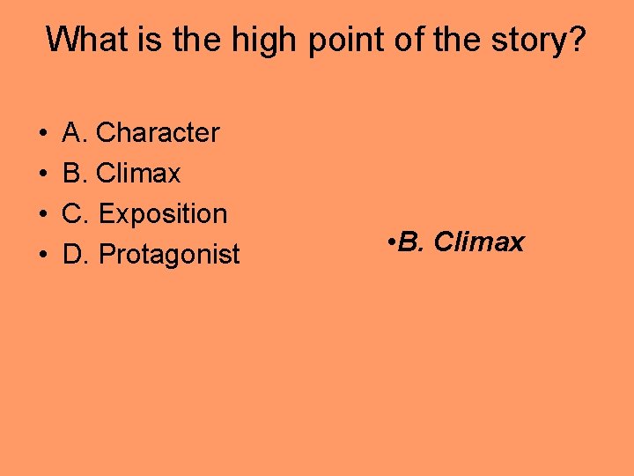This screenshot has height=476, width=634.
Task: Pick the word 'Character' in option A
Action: coord(158,133)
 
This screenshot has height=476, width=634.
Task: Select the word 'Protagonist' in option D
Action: coord(169,255)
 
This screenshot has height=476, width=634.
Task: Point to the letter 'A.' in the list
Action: coord(76,133)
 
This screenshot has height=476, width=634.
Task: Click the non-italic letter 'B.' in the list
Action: coord(76,174)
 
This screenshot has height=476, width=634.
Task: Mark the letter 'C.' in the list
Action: coord(77,214)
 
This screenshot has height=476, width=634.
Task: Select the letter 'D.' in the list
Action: coord(77,255)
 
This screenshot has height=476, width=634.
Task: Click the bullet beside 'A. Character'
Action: coord(43,134)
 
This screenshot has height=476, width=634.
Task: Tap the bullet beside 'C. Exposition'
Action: coord(43,215)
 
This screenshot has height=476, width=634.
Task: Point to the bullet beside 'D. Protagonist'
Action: coord(43,256)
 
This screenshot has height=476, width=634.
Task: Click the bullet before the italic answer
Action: coord(390,242)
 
